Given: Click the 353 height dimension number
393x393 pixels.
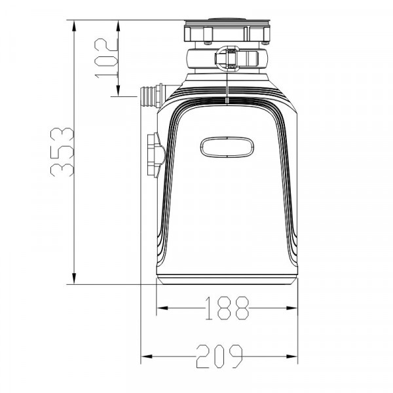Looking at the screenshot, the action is coord(62,152).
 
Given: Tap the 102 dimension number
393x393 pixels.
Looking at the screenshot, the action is coord(106,58).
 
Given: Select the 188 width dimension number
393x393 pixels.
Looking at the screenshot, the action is coord(227,309).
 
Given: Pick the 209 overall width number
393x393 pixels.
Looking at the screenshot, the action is coord(219,356).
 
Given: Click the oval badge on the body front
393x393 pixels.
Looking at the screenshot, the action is coord(227,147).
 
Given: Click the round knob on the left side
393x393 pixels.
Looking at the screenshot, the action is coord(156,155).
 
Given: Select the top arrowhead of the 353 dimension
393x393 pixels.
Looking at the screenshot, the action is coord(73,26).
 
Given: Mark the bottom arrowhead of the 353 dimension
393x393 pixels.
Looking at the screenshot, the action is coord(73,278).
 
